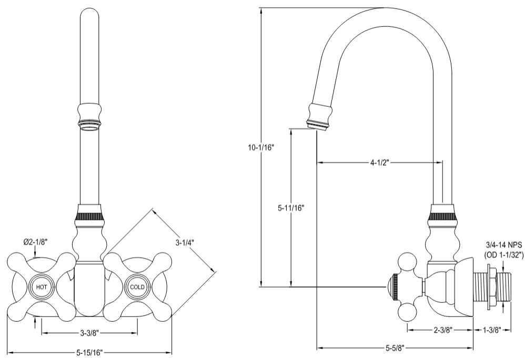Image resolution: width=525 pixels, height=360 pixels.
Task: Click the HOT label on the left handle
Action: pyautogui.click(x=42, y=287)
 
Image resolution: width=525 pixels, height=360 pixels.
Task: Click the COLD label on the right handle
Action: pyautogui.click(x=137, y=287)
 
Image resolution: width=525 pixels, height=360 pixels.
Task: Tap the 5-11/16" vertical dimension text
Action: pyautogui.click(x=291, y=207)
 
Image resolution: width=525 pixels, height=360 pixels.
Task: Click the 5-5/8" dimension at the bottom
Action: pyautogui.click(x=394, y=347)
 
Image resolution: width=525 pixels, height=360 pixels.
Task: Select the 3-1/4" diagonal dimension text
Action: pyautogui.click(x=185, y=243)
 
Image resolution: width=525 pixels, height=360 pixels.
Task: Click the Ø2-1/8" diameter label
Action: pyautogui.click(x=35, y=242)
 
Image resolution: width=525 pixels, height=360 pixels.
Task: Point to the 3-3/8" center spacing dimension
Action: pyautogui.click(x=90, y=333)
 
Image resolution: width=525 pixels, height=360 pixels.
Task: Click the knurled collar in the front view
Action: pyautogui.click(x=90, y=216)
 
